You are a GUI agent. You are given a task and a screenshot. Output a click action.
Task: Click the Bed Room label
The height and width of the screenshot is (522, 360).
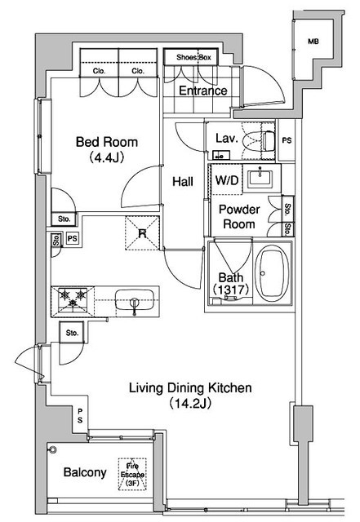107,142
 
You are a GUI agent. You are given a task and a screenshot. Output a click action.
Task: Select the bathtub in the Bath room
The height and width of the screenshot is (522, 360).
273,274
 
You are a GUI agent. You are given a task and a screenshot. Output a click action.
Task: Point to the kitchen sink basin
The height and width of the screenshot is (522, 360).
135,299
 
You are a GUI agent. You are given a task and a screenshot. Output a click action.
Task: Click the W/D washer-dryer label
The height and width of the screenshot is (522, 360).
227,180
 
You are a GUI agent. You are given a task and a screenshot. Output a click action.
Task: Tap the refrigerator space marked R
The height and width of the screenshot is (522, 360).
142,233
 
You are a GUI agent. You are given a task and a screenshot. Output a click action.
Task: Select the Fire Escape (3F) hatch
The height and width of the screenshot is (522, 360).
132,475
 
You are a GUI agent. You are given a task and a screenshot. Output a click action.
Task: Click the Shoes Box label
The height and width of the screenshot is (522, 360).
193,57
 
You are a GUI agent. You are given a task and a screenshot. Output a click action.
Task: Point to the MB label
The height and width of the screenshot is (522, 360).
313,42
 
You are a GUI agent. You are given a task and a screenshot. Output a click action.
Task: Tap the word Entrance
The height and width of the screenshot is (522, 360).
203,91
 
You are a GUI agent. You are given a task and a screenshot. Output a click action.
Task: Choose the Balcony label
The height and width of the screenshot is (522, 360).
85,472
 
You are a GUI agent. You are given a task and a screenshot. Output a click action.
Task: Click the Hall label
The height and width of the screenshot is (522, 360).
183,181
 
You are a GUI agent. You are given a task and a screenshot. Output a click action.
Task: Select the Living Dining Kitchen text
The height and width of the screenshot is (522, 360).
190,388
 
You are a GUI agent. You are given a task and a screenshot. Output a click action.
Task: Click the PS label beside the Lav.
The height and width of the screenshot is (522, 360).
287,140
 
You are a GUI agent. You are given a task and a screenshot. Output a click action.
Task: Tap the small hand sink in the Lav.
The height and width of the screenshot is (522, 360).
221,155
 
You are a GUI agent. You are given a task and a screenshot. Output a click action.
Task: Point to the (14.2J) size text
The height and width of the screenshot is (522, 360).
190,404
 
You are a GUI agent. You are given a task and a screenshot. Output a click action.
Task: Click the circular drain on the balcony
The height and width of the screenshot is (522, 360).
53,450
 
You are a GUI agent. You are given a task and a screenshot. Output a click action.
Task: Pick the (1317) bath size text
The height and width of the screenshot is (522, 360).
231,290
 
